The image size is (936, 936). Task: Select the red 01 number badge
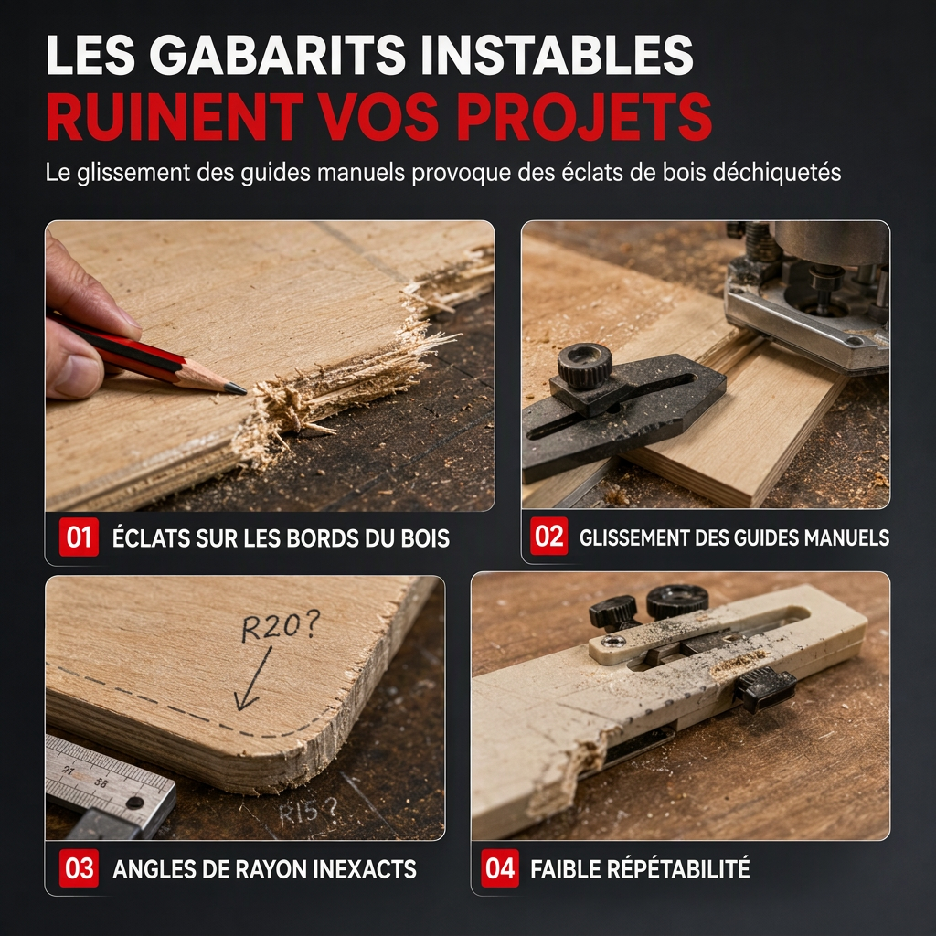[x=79, y=537]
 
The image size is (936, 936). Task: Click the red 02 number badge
[x=549, y=536]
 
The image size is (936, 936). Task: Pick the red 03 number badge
[x=79, y=868]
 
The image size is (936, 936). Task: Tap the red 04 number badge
[x=500, y=868]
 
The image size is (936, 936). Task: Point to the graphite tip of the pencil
[x=237, y=389]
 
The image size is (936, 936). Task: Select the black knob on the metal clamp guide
[x=585, y=366]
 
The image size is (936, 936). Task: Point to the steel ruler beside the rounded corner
[x=108, y=783]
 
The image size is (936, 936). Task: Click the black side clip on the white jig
[x=765, y=688]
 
